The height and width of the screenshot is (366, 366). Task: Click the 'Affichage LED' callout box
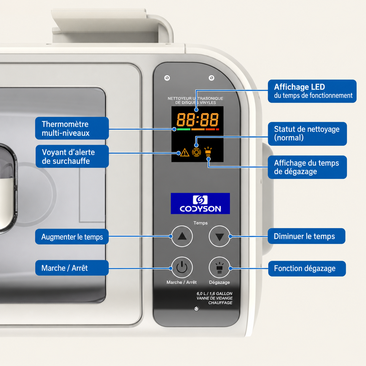(312, 91)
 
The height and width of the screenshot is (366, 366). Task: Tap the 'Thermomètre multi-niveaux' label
(72, 128)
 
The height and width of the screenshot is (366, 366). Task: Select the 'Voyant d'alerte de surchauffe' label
(72, 157)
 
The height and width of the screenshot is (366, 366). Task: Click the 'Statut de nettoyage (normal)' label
(307, 134)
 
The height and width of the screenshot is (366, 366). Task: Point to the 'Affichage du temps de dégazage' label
(307, 167)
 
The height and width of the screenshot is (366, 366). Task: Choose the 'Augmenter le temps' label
(72, 237)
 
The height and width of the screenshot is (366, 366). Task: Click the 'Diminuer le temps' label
(306, 236)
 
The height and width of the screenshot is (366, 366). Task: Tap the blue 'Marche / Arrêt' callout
(72, 268)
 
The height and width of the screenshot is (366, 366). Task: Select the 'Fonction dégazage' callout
(307, 268)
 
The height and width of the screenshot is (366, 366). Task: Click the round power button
(182, 267)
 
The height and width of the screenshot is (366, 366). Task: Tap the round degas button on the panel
(219, 267)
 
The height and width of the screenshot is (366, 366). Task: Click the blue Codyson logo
(200, 203)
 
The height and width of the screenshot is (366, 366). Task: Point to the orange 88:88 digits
(197, 119)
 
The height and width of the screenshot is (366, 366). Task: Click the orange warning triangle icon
(185, 153)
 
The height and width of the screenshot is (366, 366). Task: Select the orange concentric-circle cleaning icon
(196, 152)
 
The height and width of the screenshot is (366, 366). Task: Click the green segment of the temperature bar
(183, 129)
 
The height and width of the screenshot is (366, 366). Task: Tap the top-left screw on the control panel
(167, 78)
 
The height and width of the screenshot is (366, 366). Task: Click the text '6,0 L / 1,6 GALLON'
(214, 293)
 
